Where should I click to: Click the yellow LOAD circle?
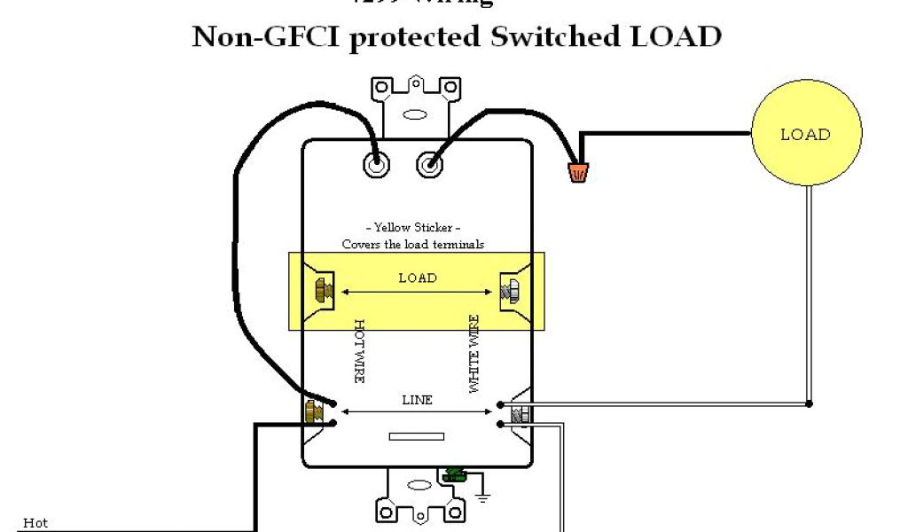pyautogui.click(x=805, y=135)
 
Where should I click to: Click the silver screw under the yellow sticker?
pyautogui.click(x=512, y=290)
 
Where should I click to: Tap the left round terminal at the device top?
pyautogui.click(x=376, y=164)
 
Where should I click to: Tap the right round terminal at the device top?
pyautogui.click(x=430, y=164)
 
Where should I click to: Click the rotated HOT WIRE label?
pyautogui.click(x=360, y=351)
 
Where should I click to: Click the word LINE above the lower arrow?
pyautogui.click(x=417, y=400)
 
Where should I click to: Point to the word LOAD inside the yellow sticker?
pyautogui.click(x=417, y=278)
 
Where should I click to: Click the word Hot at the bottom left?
pyautogui.click(x=35, y=523)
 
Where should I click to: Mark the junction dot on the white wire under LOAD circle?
pyautogui.click(x=809, y=404)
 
